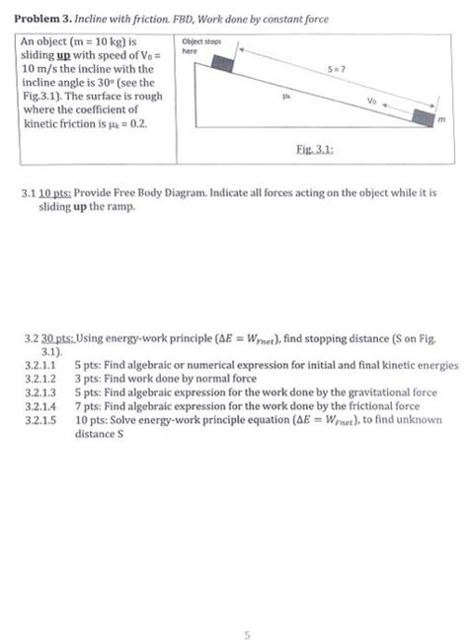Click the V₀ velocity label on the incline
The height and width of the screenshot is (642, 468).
[371, 100]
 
